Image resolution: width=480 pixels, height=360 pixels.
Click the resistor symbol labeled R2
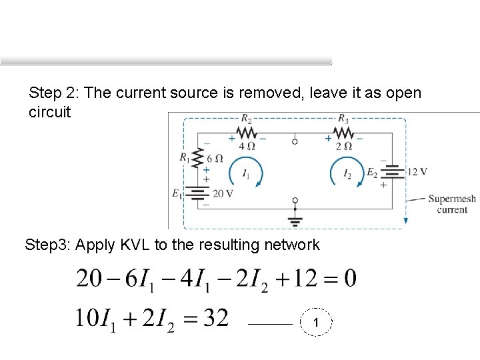click(247, 132)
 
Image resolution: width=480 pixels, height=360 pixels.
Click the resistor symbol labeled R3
click(343, 132)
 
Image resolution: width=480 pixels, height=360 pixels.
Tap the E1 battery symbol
click(197, 193)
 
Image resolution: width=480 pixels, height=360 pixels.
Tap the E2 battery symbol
click(393, 172)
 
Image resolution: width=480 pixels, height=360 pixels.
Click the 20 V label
click(223, 193)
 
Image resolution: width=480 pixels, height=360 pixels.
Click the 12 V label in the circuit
click(417, 172)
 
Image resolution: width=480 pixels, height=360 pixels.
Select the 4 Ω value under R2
click(247, 146)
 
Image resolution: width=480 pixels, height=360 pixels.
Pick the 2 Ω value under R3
click(343, 146)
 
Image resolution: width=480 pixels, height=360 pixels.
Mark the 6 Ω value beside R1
click(215, 159)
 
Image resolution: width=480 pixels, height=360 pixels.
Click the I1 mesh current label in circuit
click(247, 175)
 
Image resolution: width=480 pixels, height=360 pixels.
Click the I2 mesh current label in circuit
click(347, 175)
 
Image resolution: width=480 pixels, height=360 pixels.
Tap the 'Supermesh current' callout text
click(452, 204)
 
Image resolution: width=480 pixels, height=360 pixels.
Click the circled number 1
click(316, 323)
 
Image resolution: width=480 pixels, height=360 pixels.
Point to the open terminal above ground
click(295, 200)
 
